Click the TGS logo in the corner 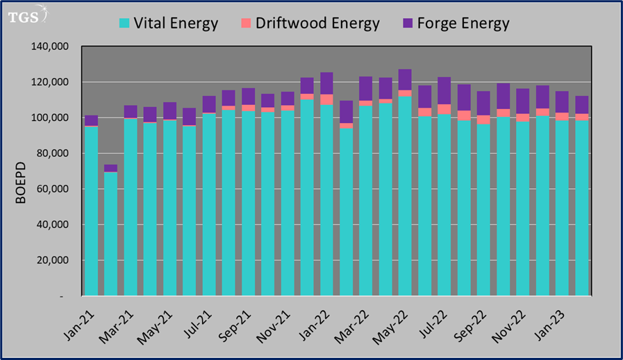(x=27, y=16)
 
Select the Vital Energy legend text (x=177, y=24)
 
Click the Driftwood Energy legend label (x=317, y=24)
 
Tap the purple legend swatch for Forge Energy (x=409, y=24)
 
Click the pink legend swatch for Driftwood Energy (x=246, y=24)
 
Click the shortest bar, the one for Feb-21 (x=110, y=236)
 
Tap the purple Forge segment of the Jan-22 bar (x=326, y=83)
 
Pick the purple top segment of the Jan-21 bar (x=91, y=120)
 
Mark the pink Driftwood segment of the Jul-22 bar (x=444, y=109)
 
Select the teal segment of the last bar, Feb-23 (x=581, y=208)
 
